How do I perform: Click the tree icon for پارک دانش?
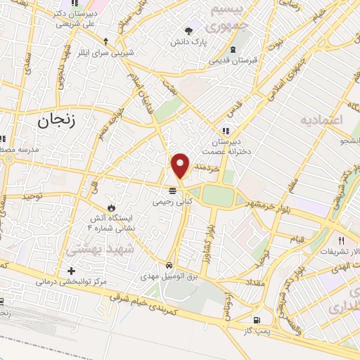click(x=188, y=30)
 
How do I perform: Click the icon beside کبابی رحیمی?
click(x=172, y=191)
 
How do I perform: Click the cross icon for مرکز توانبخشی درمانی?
click(x=71, y=271)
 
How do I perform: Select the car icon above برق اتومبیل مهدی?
click(x=169, y=265)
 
